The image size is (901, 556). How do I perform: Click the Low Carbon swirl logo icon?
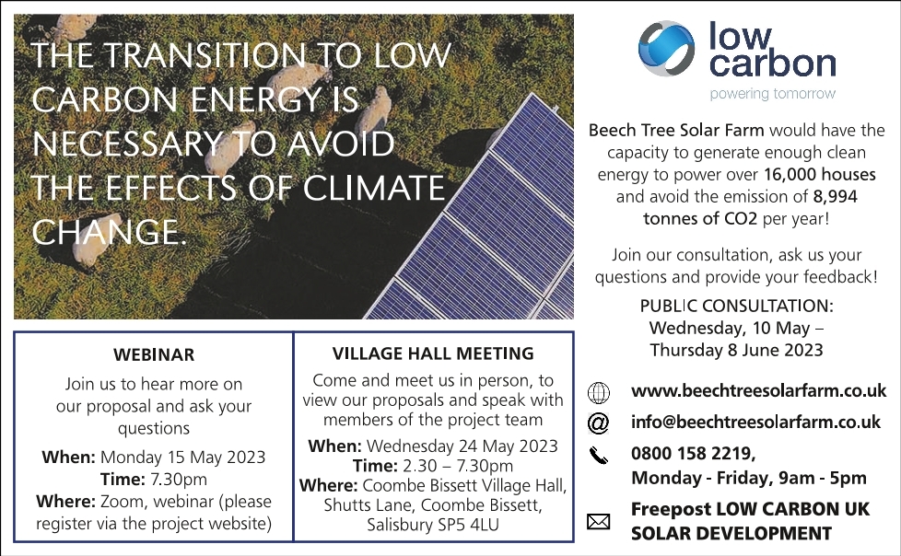667,49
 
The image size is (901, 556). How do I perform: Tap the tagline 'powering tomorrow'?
772,94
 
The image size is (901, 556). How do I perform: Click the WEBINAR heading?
154,355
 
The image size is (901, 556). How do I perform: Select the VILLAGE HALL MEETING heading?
433,353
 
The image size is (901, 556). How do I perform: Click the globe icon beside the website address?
598,393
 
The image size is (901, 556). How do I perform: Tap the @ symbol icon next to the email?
598,423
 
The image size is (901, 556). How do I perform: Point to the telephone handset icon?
598,456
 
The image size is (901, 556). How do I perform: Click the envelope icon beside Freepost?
598,522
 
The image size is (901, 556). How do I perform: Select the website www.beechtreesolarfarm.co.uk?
758,391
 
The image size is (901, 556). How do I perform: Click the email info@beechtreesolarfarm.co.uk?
755,423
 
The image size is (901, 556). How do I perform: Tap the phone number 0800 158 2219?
692,454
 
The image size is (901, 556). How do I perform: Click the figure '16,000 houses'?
819,175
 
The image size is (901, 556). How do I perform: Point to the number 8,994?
835,197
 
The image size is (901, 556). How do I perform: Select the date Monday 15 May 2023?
182,458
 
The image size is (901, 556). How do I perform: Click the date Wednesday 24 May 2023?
462,446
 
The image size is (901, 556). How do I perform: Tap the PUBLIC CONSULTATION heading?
737,307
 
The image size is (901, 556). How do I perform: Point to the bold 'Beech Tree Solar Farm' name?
676,131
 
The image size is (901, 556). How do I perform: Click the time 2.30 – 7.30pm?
458,466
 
